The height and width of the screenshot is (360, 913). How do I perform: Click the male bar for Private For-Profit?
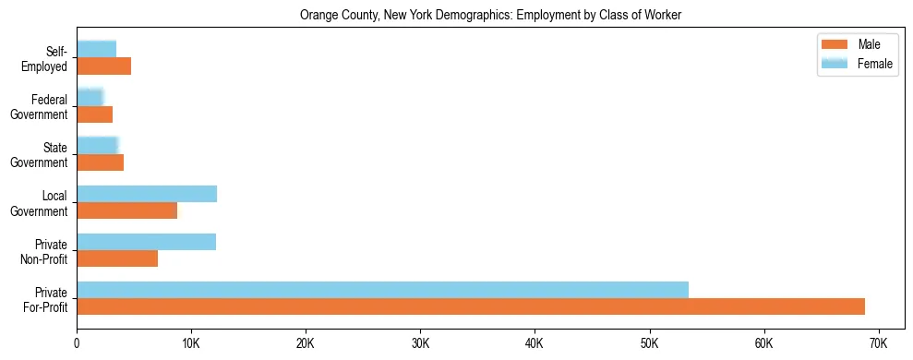471,306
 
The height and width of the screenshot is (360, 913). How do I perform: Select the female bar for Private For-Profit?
382,290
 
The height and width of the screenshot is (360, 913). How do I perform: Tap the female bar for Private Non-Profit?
146,242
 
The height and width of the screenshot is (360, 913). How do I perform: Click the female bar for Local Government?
147,194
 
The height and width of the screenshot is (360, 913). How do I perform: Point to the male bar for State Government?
100,162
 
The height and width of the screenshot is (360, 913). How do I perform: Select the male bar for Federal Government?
94,114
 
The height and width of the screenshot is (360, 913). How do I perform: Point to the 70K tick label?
878,343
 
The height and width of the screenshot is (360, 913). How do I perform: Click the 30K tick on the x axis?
420,343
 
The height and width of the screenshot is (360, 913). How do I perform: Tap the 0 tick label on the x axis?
77,343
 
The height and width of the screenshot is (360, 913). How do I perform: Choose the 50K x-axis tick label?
649,343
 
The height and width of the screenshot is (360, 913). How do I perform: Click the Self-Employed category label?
50,58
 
